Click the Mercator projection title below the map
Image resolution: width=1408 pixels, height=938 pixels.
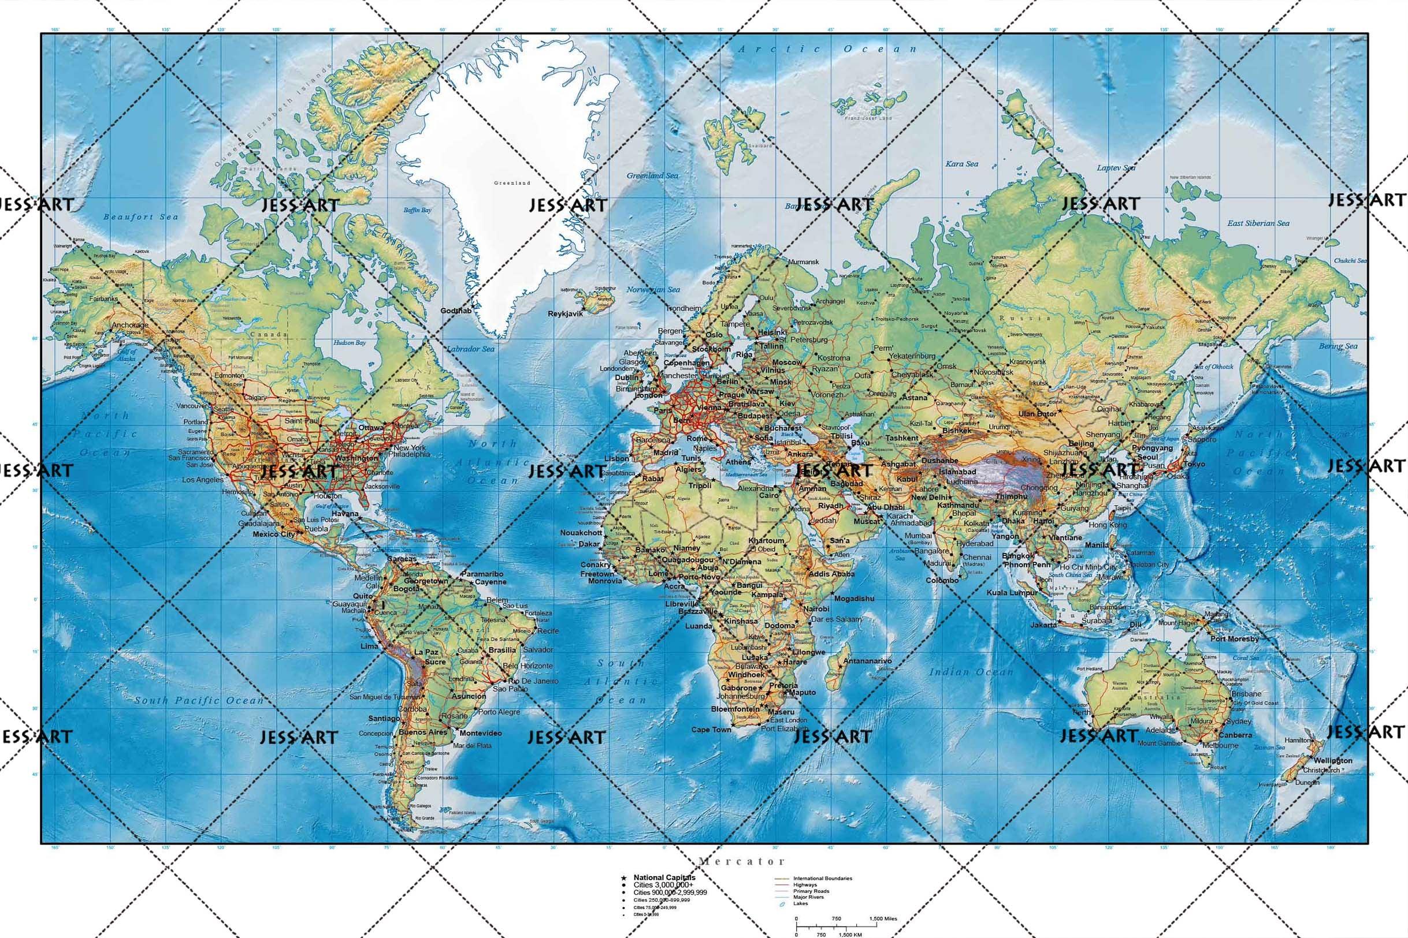click(742, 861)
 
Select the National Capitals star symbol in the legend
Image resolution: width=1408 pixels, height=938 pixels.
click(624, 877)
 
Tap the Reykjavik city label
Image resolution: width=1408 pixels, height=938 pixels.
click(565, 313)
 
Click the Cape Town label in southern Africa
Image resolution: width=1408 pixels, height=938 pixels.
click(711, 730)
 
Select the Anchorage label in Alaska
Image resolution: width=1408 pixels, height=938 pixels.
click(130, 326)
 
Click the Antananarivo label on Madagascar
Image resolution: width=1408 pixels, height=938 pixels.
click(867, 661)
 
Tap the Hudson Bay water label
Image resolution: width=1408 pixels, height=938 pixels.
click(349, 343)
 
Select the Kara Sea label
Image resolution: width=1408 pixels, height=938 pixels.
click(961, 163)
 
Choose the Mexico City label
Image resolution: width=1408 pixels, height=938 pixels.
click(274, 533)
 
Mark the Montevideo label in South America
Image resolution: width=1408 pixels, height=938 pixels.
click(481, 733)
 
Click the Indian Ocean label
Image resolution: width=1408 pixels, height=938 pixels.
click(971, 672)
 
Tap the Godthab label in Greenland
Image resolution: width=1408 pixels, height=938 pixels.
click(456, 311)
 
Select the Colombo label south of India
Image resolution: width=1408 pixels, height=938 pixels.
click(942, 580)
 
